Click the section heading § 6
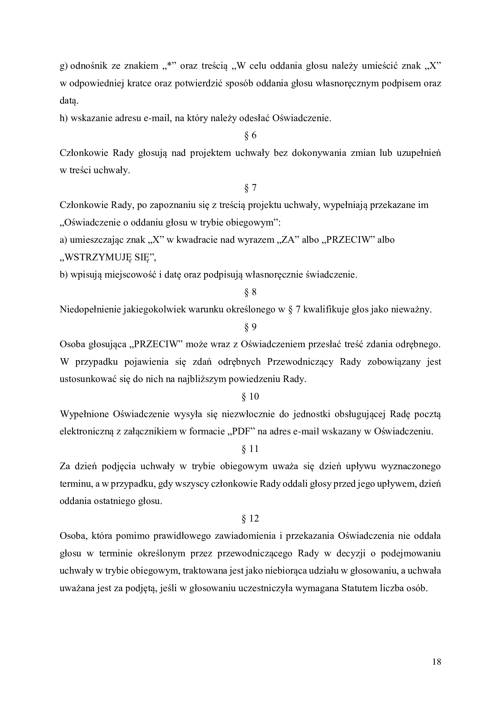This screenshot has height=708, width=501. click(x=250, y=135)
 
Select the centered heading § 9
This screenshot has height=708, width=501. click(x=250, y=327)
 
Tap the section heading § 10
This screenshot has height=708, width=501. click(x=250, y=397)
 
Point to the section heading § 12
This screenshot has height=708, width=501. click(x=250, y=519)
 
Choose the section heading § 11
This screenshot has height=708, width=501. click(x=250, y=449)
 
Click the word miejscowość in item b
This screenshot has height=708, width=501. click(x=130, y=275)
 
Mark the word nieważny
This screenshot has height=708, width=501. click(x=411, y=309)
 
